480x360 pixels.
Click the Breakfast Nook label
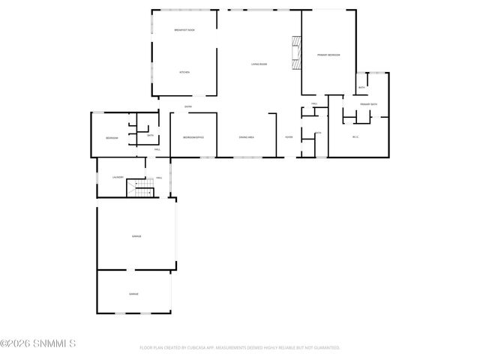pyautogui.click(x=184, y=30)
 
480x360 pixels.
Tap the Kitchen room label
pyautogui.click(x=184, y=72)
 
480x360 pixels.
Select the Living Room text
pyautogui.click(x=259, y=64)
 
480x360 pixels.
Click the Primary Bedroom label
pyautogui.click(x=328, y=55)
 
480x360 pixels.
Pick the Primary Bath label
pyautogui.click(x=368, y=104)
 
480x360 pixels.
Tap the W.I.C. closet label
pyautogui.click(x=355, y=136)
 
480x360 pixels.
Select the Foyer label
pyautogui.click(x=288, y=137)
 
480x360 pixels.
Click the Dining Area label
pyautogui.click(x=246, y=137)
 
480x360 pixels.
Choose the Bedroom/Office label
pyautogui.click(x=193, y=137)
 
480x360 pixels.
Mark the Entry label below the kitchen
pyautogui.click(x=188, y=107)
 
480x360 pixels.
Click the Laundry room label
pyautogui.click(x=118, y=177)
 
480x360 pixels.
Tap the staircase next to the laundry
pyautogui.click(x=139, y=187)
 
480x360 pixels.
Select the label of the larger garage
pyautogui.click(x=137, y=236)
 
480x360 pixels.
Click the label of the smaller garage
pyautogui.click(x=133, y=293)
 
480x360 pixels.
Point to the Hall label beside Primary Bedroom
pyautogui.click(x=315, y=104)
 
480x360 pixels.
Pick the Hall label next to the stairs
pyautogui.click(x=159, y=178)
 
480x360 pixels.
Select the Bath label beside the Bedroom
pyautogui.click(x=150, y=136)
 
